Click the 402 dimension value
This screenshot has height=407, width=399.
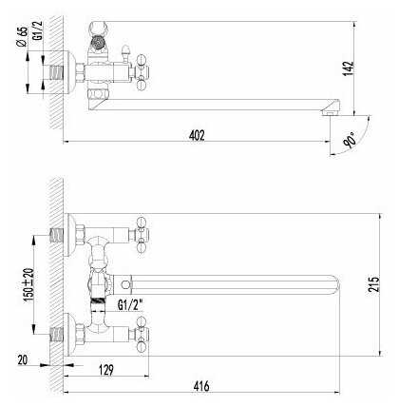coord(197,135)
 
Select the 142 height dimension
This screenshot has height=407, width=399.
coord(349,68)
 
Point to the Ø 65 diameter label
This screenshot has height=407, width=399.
coord(22,37)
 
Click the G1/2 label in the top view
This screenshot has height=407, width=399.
coord(38,30)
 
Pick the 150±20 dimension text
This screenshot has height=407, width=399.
coord(28,284)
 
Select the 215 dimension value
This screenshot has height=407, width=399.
coord(373,284)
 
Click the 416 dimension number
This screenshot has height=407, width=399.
coord(201,386)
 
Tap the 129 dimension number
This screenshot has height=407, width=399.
coord(106,370)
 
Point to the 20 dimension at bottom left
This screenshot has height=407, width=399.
coord(23,360)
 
